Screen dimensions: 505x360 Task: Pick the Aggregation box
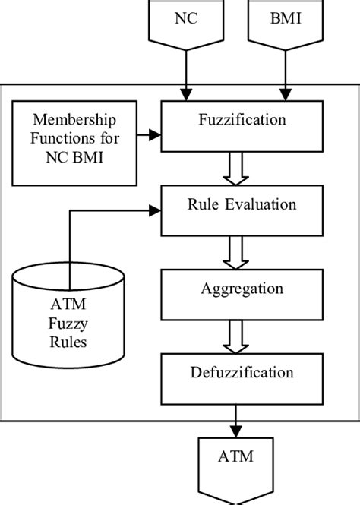click(242, 289)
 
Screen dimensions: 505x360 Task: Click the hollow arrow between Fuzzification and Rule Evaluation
click(232, 168)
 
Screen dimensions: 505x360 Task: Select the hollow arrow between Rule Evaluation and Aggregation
click(232, 251)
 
